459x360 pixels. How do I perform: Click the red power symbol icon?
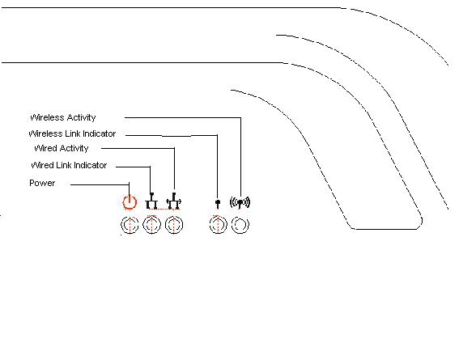click(130, 202)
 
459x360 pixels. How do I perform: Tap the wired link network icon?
click(151, 201)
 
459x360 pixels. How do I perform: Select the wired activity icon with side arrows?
click(174, 201)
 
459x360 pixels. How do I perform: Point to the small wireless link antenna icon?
click(218, 204)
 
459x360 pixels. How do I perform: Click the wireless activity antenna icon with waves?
click(240, 202)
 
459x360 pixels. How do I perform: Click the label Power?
click(42, 183)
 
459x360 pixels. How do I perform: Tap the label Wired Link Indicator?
click(69, 165)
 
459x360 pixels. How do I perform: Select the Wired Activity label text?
click(62, 148)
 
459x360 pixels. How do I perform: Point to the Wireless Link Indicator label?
click(72, 133)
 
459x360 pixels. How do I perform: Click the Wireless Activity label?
click(63, 117)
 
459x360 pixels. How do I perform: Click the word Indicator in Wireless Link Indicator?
click(100, 133)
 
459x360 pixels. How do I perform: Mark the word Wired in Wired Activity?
click(45, 148)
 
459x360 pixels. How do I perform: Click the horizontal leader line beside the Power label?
click(100, 184)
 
